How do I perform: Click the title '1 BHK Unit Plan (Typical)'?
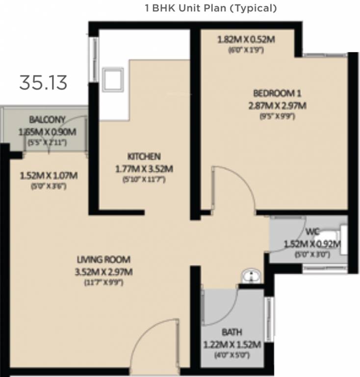pos(210,8)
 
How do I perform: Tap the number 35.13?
pos(43,82)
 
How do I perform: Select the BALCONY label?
pos(47,119)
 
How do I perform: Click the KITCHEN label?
pos(144,157)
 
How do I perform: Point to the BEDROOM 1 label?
pos(276,93)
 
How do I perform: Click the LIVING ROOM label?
pos(103,260)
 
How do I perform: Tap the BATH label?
pos(231,332)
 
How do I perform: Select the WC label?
pos(312,231)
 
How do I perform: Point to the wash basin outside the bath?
pos(251,276)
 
